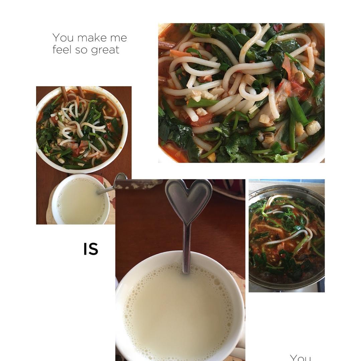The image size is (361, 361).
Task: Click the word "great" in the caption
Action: coord(105,50)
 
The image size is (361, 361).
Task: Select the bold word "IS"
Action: coord(91,249)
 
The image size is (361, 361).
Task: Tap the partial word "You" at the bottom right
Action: coord(300,358)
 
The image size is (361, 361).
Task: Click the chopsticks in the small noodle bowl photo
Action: coord(73,93)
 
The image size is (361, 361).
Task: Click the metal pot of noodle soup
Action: coord(286,237)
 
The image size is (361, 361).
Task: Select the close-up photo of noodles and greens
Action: coord(241,93)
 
